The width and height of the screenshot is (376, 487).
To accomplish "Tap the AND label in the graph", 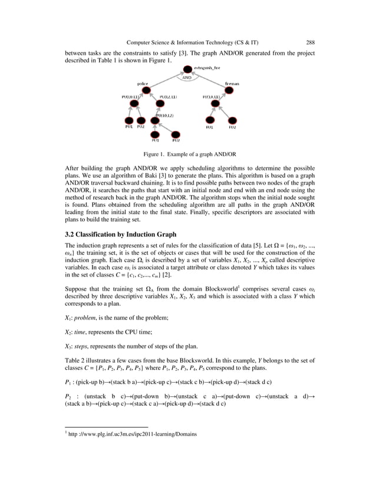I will tap(187, 78).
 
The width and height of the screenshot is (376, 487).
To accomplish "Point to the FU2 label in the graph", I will tap(233, 127).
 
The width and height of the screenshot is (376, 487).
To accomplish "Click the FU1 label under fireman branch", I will tap(209, 127).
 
